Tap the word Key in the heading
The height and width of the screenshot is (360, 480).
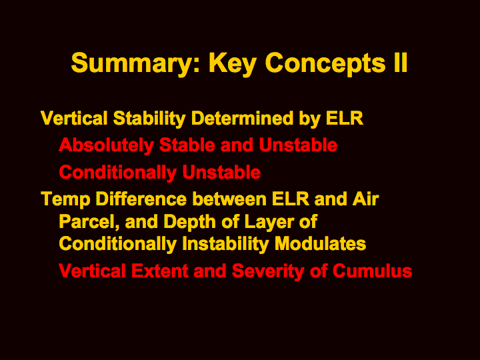233,64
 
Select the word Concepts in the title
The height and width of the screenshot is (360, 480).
325,64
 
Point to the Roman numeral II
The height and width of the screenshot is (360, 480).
401,63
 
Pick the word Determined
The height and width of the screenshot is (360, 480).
242,118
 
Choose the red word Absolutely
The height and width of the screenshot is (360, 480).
106,146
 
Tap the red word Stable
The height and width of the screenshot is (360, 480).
187,145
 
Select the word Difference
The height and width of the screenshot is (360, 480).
141,199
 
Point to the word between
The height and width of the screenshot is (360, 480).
229,199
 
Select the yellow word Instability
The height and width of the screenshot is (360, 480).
225,245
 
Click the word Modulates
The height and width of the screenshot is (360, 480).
320,244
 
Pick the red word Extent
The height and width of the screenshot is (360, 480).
159,271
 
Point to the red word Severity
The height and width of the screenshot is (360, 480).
268,272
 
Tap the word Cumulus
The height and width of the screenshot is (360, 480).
372,271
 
